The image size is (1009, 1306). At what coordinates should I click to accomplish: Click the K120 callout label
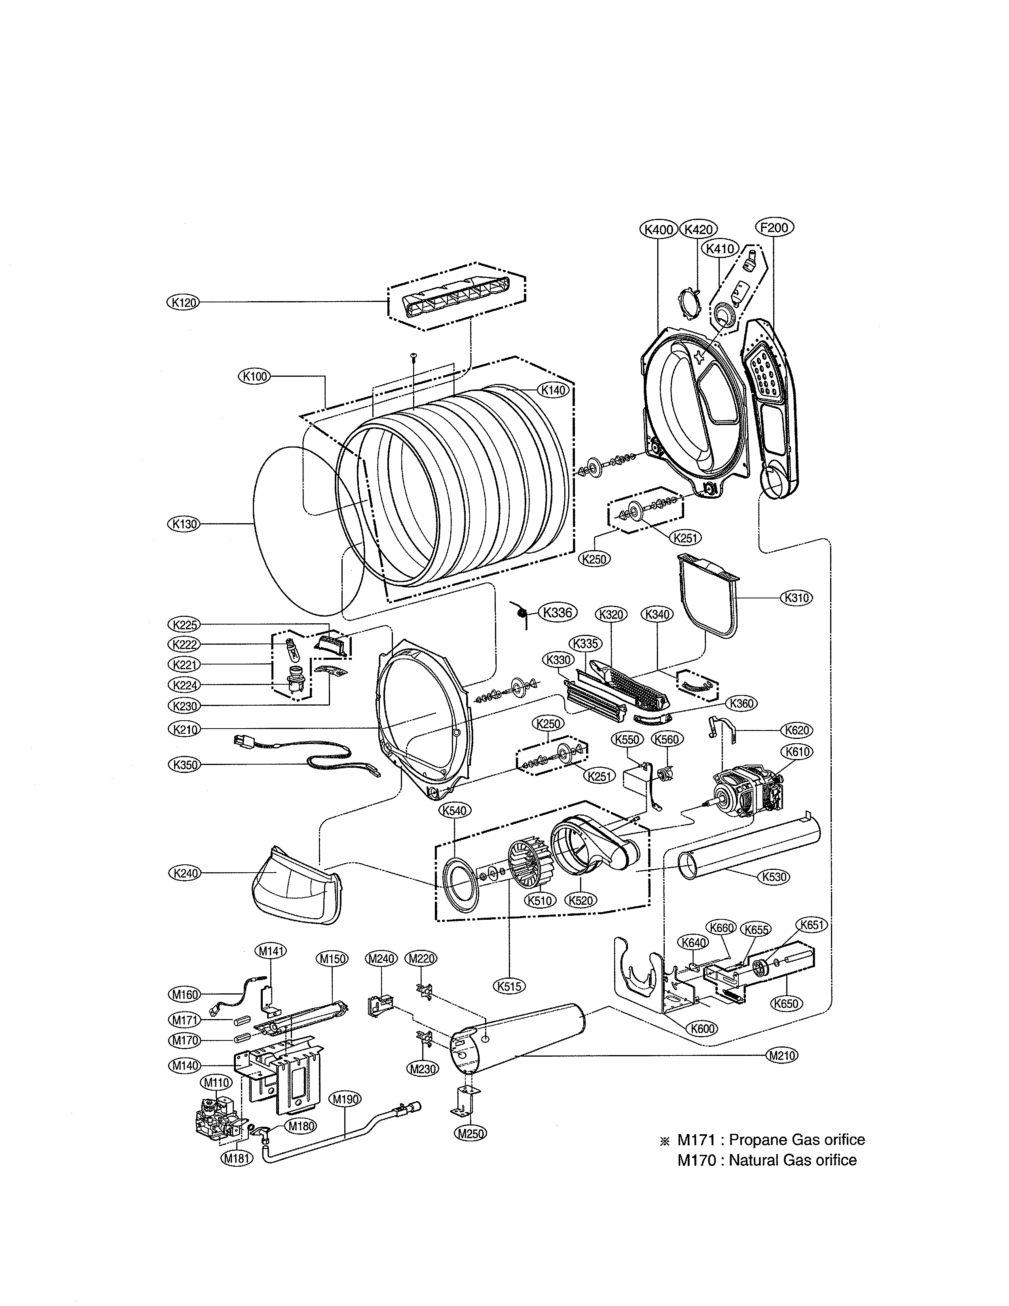(x=182, y=303)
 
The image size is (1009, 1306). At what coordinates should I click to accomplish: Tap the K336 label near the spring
(x=558, y=612)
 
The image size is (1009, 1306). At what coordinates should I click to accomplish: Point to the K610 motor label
(x=797, y=752)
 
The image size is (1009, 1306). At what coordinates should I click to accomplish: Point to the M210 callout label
(x=781, y=1055)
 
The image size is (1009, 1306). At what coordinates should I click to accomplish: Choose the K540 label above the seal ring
(x=455, y=810)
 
